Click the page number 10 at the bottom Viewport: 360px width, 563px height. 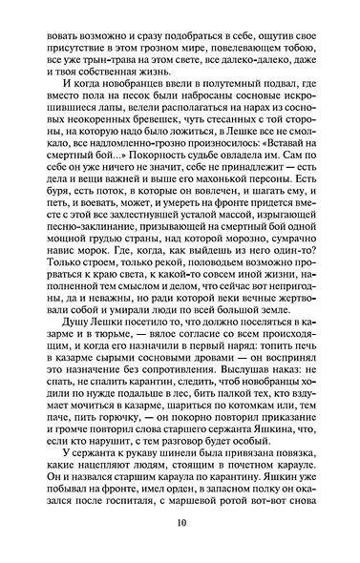[x=180, y=523]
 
